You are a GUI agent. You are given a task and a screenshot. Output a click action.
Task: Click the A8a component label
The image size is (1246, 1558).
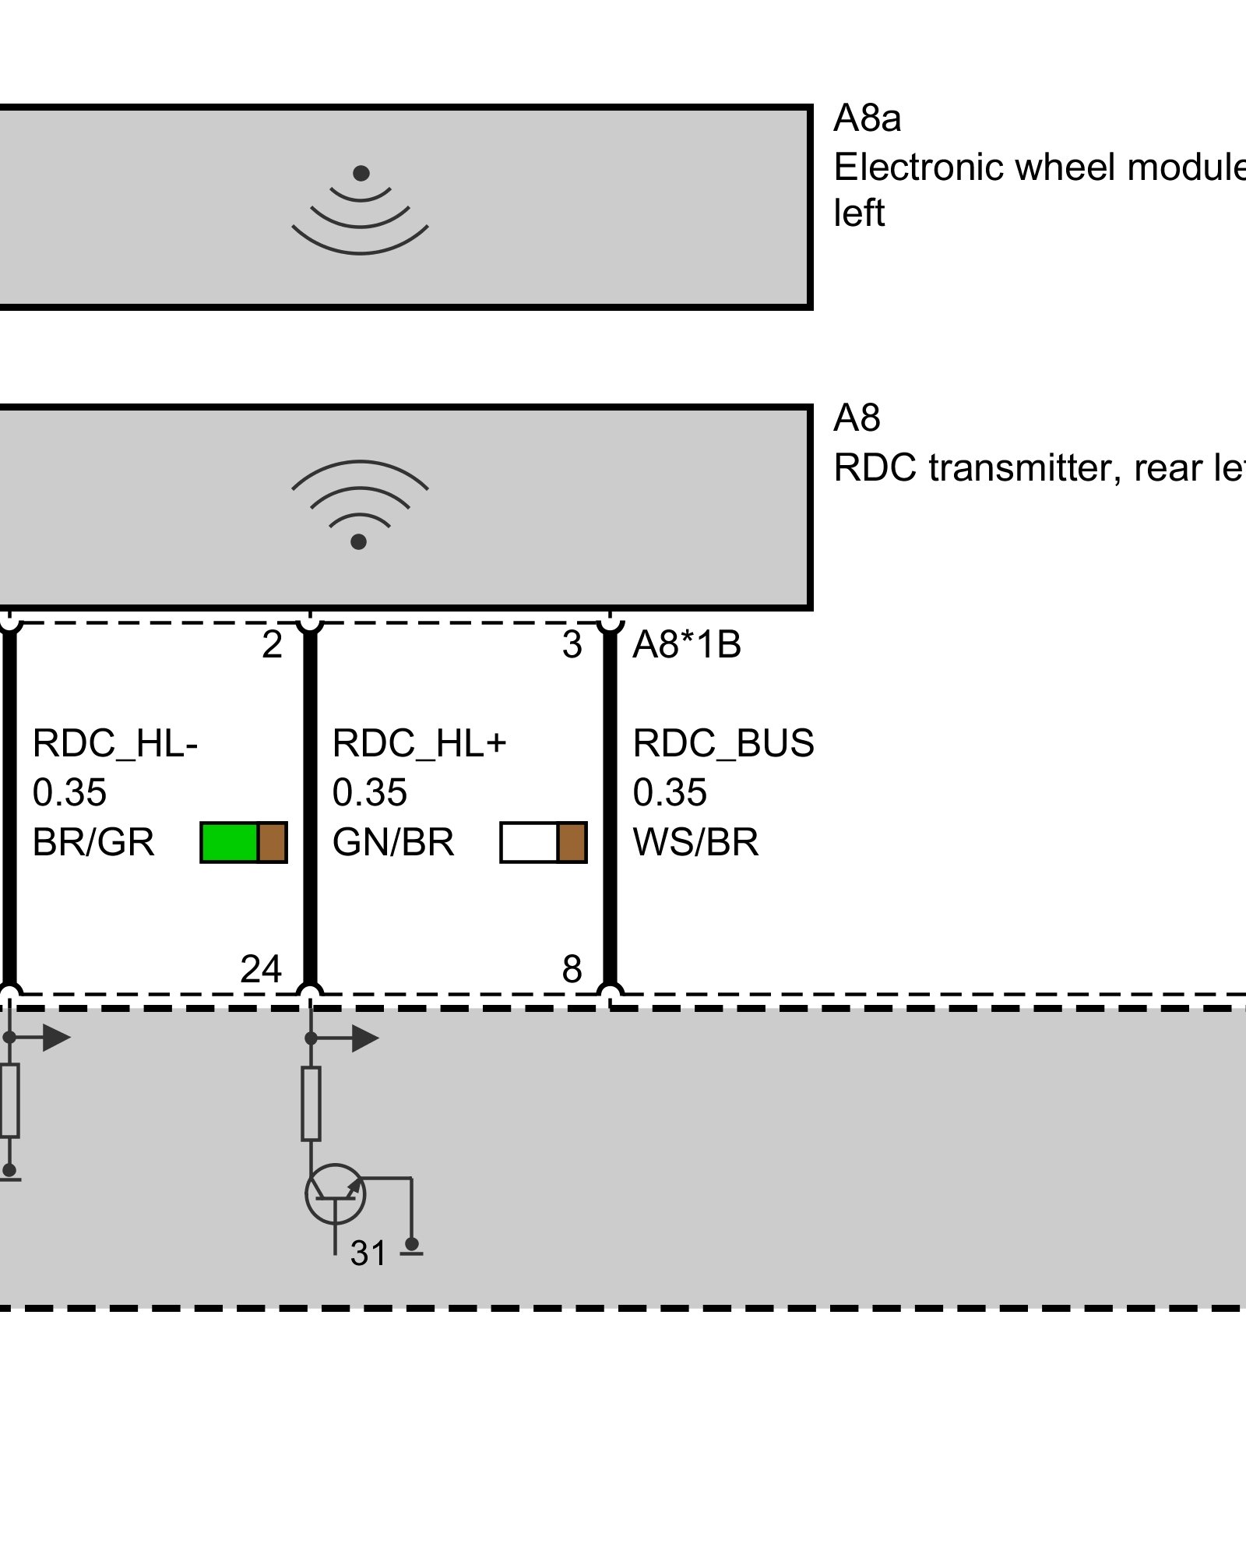(867, 119)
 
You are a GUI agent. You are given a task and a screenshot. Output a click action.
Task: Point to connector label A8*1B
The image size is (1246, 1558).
(686, 645)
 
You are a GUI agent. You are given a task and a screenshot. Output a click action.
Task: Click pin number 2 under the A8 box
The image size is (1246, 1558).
(272, 645)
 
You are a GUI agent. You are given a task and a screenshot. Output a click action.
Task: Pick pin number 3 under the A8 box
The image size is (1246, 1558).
(572, 645)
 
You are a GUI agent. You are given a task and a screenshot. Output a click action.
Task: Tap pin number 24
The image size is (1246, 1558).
(261, 970)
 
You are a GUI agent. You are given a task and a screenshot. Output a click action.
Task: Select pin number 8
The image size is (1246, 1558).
(572, 970)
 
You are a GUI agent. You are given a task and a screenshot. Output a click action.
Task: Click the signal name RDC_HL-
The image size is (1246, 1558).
(115, 744)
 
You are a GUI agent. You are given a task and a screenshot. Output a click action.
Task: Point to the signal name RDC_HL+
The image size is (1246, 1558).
(420, 744)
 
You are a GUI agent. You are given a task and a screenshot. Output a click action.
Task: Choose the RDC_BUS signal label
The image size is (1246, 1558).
(723, 744)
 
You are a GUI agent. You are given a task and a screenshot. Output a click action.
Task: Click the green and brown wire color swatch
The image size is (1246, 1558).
(244, 843)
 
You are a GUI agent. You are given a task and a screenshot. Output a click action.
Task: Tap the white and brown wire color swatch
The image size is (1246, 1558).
(543, 843)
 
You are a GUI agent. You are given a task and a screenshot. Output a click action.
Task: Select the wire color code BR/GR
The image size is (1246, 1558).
(93, 843)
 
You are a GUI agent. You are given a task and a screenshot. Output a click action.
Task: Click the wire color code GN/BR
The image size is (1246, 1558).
(393, 843)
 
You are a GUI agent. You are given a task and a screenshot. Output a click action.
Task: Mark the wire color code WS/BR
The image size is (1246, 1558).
(695, 843)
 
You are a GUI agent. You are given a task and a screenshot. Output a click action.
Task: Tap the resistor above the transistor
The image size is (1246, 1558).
(311, 1104)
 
